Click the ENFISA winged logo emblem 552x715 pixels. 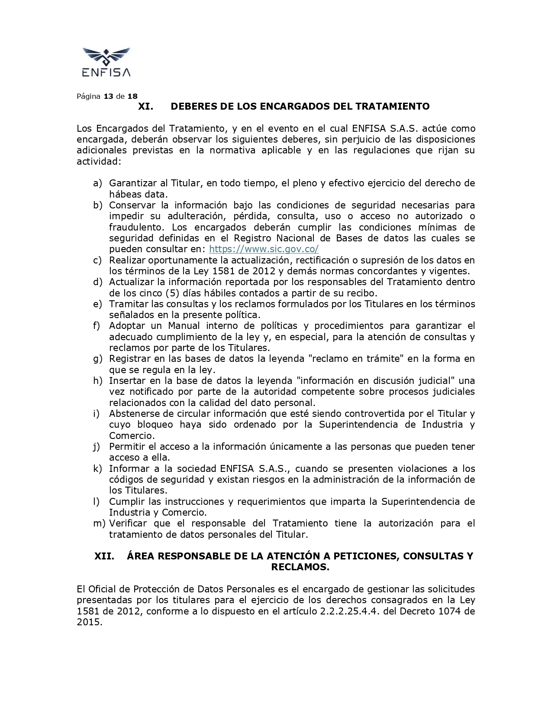tap(106, 56)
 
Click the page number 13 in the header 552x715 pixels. tap(108, 96)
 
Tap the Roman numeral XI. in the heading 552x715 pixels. tap(145, 107)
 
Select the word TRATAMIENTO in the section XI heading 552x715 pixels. tap(392, 107)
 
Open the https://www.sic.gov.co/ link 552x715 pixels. tap(264, 249)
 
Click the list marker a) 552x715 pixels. tap(97, 183)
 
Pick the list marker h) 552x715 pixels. tap(97, 381)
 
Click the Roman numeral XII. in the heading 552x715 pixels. tap(104, 556)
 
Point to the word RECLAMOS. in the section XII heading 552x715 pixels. tap(300, 567)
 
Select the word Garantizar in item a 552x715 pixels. tap(131, 183)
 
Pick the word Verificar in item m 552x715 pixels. tap(128, 523)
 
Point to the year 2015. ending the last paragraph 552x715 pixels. tap(90, 623)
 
